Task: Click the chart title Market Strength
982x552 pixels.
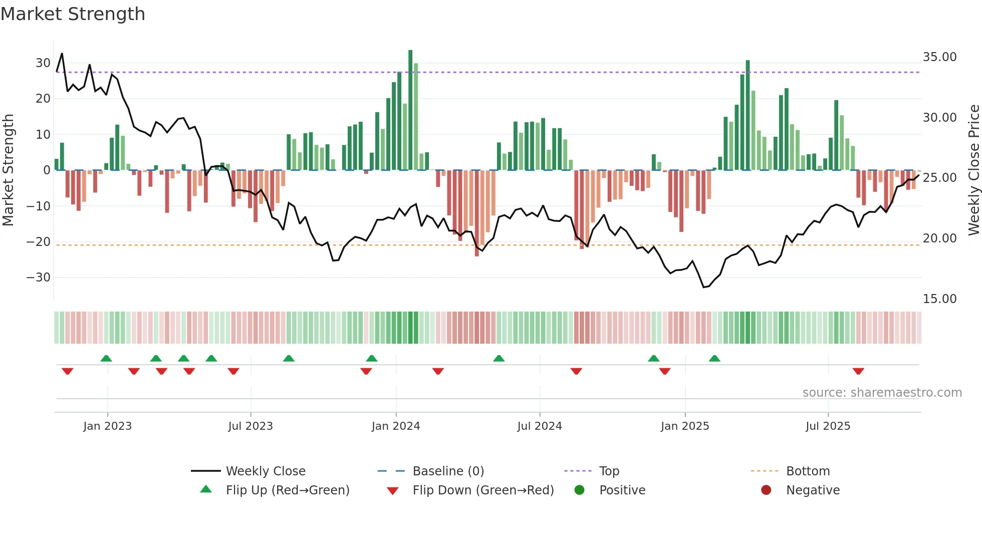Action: tap(73, 14)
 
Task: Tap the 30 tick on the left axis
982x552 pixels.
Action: tap(43, 63)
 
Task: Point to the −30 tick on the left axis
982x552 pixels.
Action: tap(39, 278)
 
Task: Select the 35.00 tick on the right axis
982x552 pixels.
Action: tap(939, 57)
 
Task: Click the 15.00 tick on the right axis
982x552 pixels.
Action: tap(939, 299)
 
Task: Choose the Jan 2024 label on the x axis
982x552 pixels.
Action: tap(395, 426)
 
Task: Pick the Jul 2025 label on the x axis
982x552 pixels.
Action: tap(828, 426)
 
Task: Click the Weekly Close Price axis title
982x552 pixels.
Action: tap(973, 170)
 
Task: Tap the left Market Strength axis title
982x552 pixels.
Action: tap(8, 170)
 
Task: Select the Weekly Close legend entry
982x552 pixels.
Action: tap(265, 471)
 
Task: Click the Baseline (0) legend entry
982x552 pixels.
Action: tap(448, 471)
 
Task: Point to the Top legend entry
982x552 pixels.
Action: tap(609, 471)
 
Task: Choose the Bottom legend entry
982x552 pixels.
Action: tap(808, 471)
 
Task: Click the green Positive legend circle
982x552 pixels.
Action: tap(580, 490)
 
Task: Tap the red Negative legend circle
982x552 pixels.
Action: tap(766, 490)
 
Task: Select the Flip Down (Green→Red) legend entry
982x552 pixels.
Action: tap(482, 490)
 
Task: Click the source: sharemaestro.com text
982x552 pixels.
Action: tap(882, 393)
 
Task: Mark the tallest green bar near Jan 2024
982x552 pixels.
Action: tap(410, 110)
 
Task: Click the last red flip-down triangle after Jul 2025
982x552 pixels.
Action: tap(858, 371)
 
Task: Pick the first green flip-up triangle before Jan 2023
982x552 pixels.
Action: tap(106, 358)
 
